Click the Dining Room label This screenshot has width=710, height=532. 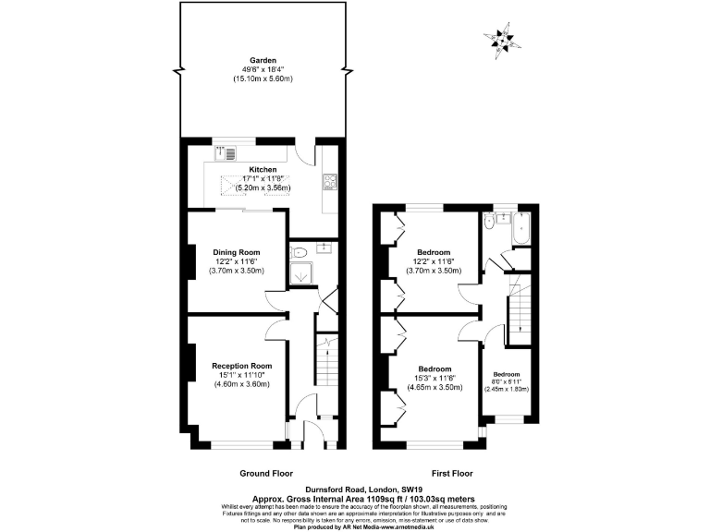point(236,252)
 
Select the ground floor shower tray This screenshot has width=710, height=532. point(300,273)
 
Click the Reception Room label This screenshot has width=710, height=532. point(239,365)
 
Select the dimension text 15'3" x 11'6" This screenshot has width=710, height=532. point(434,379)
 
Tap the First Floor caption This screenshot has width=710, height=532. point(433,473)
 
